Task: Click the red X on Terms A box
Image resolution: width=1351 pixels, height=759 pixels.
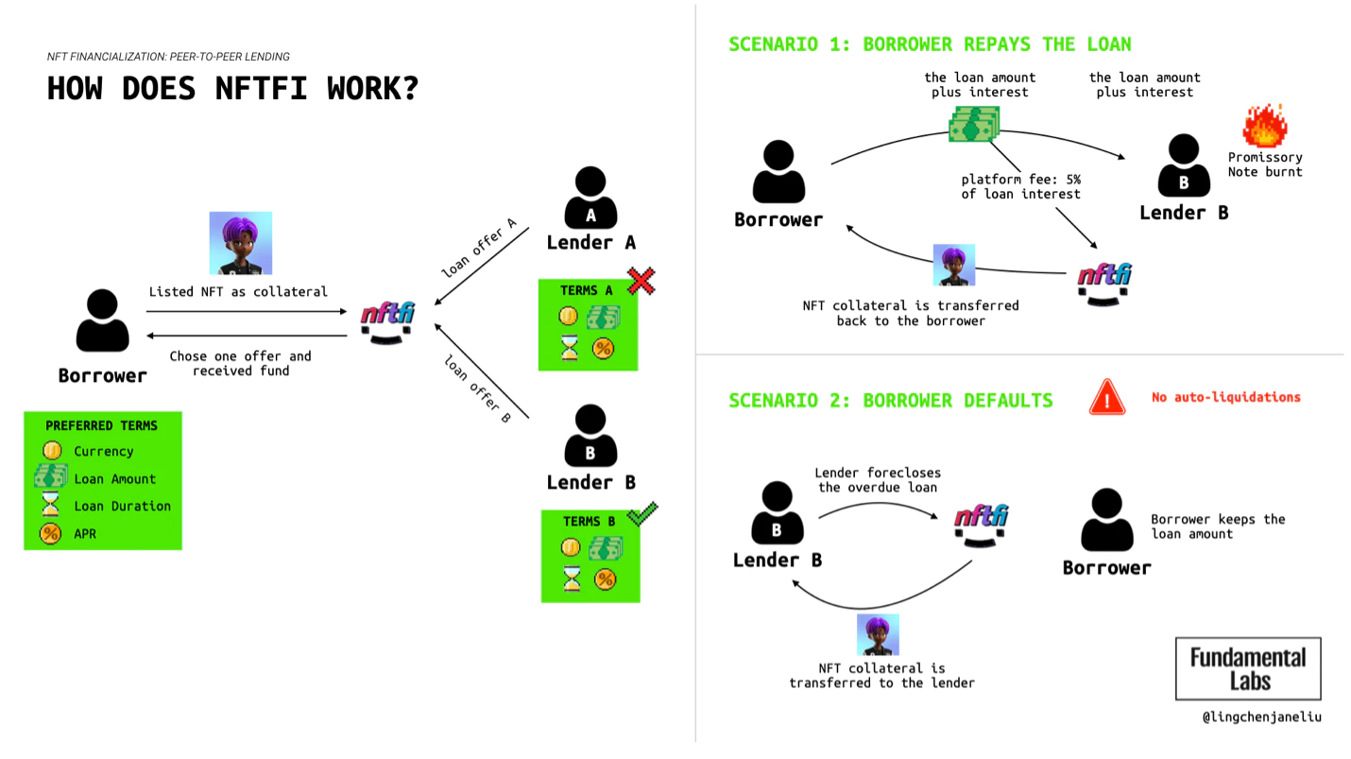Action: click(641, 280)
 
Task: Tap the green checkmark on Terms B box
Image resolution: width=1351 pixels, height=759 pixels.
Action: click(642, 513)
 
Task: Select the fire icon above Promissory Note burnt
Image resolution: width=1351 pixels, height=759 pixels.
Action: click(1264, 126)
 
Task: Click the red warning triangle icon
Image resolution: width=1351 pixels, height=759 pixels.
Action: click(1107, 397)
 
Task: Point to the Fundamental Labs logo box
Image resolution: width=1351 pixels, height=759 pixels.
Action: click(1248, 668)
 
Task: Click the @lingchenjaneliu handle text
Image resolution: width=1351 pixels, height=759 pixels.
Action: click(1261, 716)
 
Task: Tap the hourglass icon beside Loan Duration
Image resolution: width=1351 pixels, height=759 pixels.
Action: click(51, 506)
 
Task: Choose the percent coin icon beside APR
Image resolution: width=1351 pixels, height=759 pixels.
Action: click(51, 533)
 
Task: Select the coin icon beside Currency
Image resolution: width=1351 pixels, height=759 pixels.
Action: click(52, 451)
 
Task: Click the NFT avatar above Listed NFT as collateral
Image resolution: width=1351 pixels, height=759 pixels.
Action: click(240, 243)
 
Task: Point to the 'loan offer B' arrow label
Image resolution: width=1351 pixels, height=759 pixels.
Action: click(478, 388)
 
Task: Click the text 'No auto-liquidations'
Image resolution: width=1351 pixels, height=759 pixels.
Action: click(1225, 397)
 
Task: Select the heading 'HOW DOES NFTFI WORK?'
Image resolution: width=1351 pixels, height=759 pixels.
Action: click(232, 89)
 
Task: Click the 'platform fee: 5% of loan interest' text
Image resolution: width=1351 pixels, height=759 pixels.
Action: click(1020, 186)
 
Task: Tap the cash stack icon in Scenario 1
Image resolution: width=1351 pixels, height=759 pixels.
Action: click(974, 124)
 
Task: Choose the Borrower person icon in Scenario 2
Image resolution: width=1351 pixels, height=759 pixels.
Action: click(1106, 520)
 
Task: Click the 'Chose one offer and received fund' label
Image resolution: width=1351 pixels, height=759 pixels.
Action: click(240, 363)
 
